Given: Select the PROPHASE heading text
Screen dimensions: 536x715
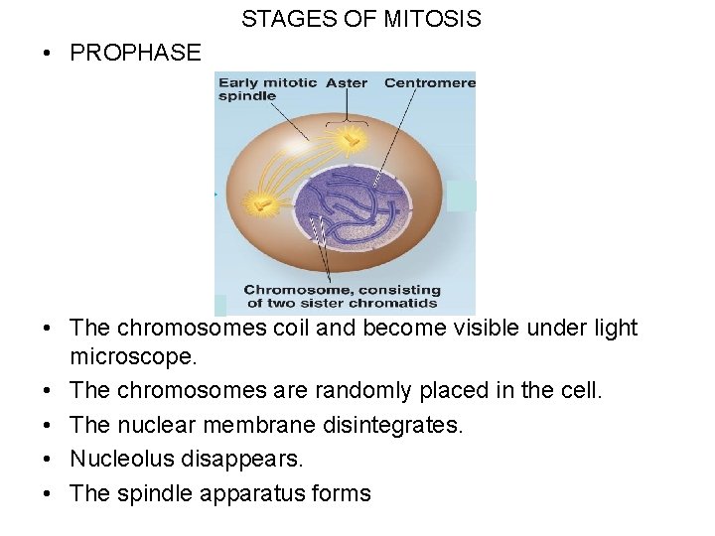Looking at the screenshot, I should click(x=135, y=54).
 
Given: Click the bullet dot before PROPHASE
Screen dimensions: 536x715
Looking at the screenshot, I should click(x=48, y=54).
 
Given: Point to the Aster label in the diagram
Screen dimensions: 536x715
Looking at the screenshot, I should click(x=347, y=82).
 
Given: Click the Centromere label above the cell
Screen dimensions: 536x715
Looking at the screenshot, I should click(x=430, y=82).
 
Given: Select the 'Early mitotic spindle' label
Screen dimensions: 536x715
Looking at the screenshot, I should click(x=266, y=89).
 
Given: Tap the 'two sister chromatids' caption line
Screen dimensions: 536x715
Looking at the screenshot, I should click(x=343, y=304).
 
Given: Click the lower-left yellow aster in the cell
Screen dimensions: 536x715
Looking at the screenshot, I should click(x=262, y=204).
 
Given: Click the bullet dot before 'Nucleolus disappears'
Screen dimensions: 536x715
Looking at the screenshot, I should click(x=48, y=460).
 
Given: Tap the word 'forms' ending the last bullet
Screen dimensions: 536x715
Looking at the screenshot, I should click(x=341, y=493).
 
